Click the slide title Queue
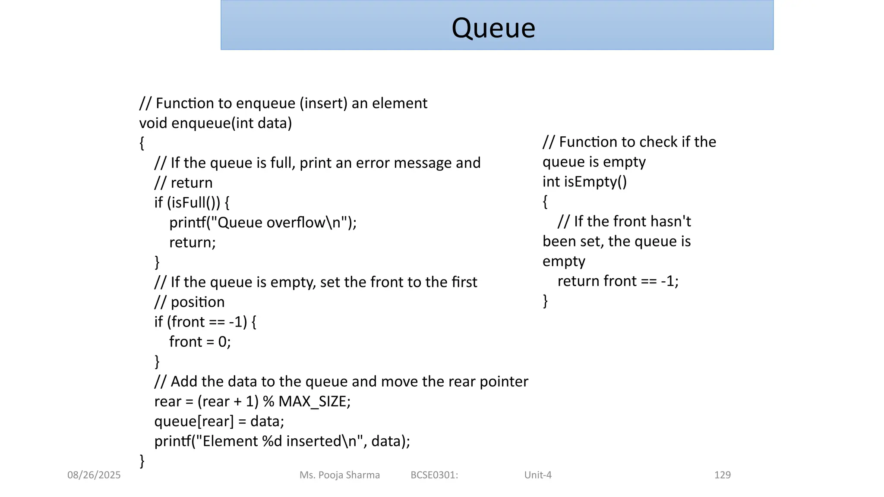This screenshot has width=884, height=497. click(x=493, y=28)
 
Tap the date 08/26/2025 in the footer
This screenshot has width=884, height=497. click(x=94, y=475)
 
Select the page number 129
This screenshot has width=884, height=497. click(x=722, y=475)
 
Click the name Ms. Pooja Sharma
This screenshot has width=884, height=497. click(x=340, y=475)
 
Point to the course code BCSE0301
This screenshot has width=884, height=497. click(x=433, y=475)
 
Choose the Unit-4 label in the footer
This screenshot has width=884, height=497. click(x=538, y=475)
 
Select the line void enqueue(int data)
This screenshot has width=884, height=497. click(x=215, y=123)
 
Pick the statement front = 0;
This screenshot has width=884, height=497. click(x=200, y=342)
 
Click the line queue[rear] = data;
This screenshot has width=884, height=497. click(x=219, y=421)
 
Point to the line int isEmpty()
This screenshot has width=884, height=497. click(x=584, y=182)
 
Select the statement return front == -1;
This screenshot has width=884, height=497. click(x=618, y=281)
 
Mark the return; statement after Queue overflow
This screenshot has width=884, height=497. click(x=193, y=242)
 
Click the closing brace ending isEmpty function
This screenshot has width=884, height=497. click(x=545, y=301)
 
